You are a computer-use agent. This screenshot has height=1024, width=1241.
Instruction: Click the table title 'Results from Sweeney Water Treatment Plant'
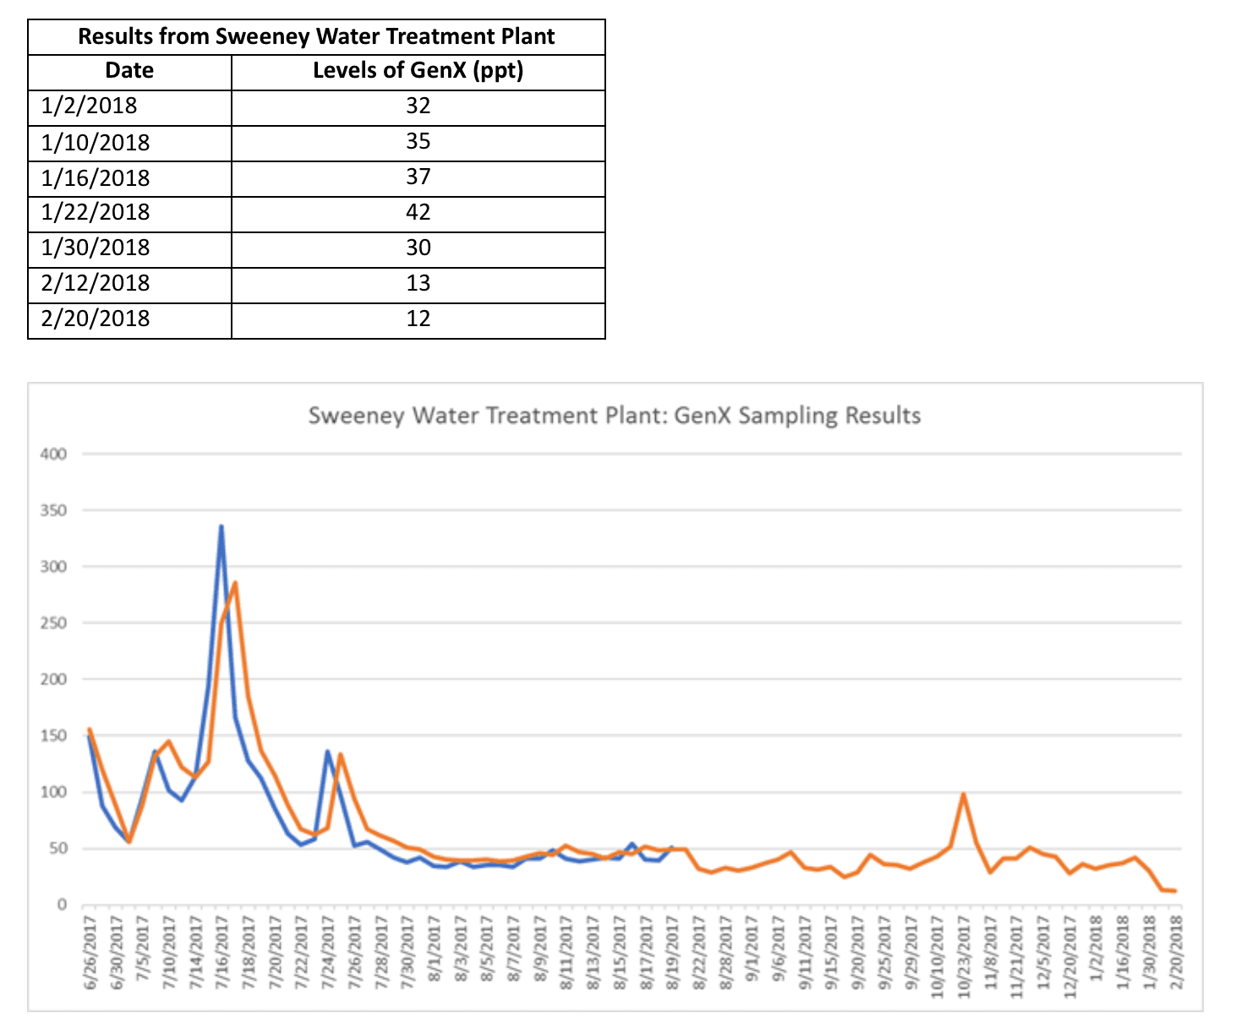pos(316,37)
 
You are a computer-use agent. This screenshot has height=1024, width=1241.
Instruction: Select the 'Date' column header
pos(129,70)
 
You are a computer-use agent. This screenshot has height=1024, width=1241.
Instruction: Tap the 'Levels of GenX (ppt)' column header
pos(418,70)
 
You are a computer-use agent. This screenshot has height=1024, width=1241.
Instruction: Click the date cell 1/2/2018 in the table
pos(89,106)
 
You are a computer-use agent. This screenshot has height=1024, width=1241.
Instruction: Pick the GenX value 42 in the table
pos(418,212)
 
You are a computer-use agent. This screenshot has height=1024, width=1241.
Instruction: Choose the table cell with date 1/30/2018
pos(96,248)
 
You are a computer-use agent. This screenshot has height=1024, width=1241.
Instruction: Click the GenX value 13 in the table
pos(418,283)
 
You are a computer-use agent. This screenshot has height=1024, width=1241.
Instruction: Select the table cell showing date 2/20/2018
pos(96,319)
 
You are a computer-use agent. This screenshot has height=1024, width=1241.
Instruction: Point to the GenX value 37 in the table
pos(418,177)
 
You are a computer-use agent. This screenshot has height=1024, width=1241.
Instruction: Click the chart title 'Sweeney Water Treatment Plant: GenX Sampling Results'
pos(614,416)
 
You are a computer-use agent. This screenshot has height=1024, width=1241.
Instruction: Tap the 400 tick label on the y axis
pos(53,454)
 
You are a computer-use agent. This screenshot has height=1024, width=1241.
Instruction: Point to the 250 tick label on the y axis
pos(53,623)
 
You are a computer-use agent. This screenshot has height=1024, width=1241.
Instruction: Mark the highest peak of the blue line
pos(221,527)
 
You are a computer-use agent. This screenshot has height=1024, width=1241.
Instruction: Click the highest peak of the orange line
pos(235,582)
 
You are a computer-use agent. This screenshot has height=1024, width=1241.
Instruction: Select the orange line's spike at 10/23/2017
pos(963,794)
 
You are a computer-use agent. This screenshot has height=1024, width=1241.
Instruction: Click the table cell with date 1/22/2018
pos(96,212)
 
